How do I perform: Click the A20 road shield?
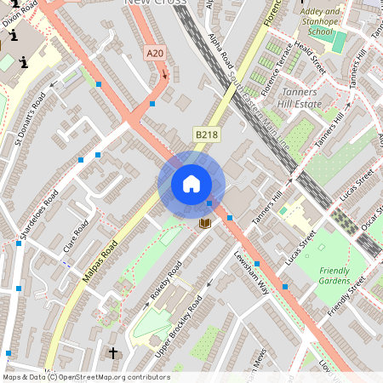pyautogui.click(x=154, y=54)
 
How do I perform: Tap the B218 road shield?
pyautogui.click(x=205, y=134)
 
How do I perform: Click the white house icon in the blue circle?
pyautogui.click(x=191, y=184)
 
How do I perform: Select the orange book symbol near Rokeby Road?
pyautogui.click(x=204, y=223)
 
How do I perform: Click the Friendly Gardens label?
pyautogui.click(x=334, y=275)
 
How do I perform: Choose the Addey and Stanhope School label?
pyautogui.click(x=322, y=22)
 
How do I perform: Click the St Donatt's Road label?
pyautogui.click(x=31, y=120)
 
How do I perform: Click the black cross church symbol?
pyautogui.click(x=113, y=352)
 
